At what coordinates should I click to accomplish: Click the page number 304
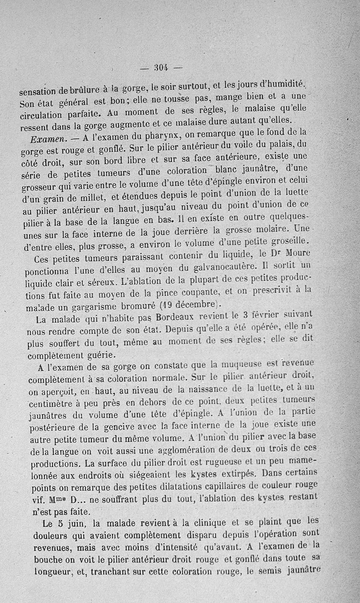pos(161,68)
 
